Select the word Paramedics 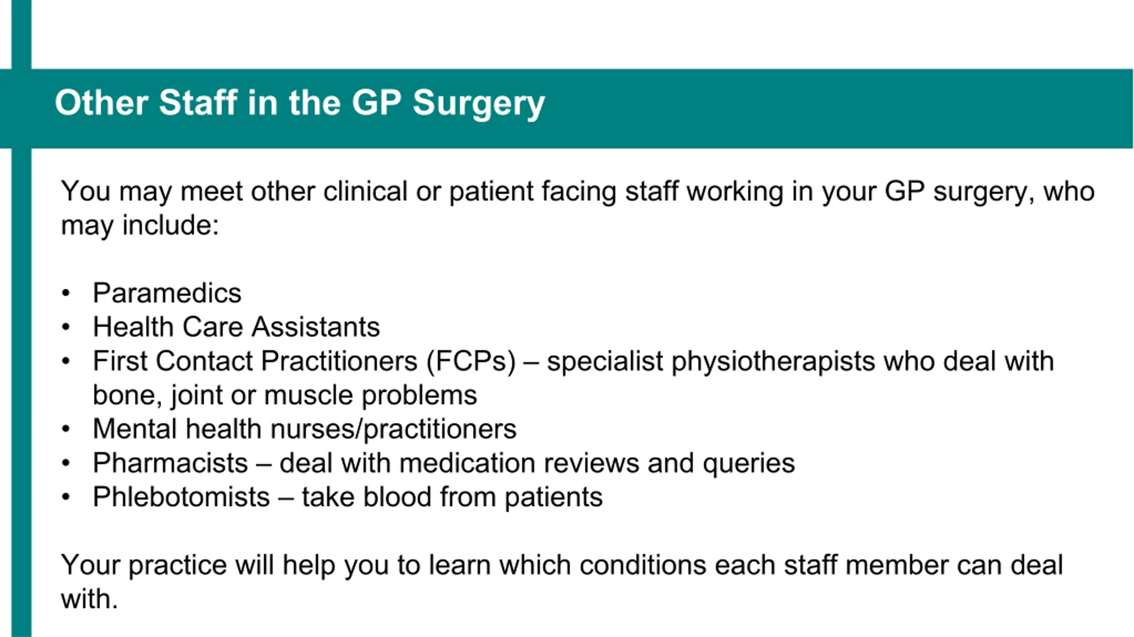click(x=167, y=293)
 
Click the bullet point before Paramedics click(x=66, y=293)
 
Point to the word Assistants click(x=316, y=327)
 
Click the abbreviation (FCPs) click(x=471, y=361)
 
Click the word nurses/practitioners click(x=393, y=429)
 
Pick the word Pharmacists click(x=170, y=463)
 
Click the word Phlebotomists click(x=181, y=497)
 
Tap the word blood click(x=397, y=497)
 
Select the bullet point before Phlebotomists click(x=66, y=497)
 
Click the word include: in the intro click(x=171, y=225)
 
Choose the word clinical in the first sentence click(x=365, y=191)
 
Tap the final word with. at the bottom click(x=89, y=599)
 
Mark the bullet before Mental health click(x=66, y=429)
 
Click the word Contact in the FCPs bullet click(x=204, y=361)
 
